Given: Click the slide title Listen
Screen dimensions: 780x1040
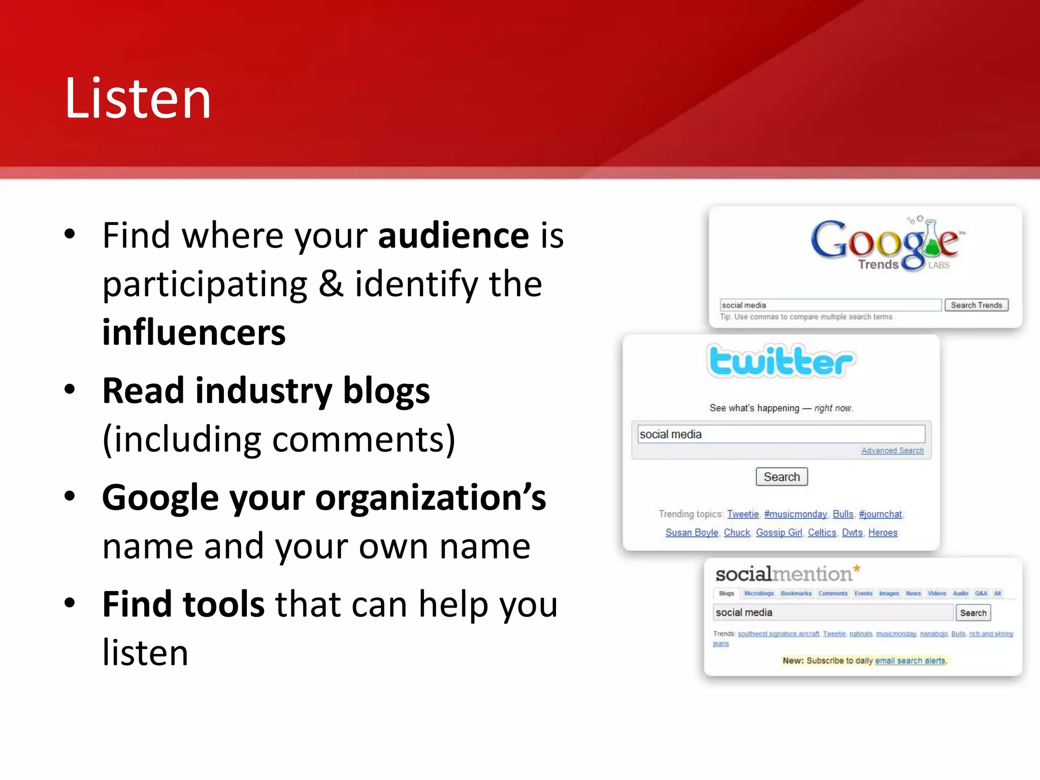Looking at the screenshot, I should point(138,99).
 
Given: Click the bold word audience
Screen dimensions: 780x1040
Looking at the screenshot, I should point(453,236).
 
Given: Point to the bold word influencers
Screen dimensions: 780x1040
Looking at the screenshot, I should point(194,333).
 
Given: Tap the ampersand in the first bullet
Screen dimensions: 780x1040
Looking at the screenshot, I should point(331,284).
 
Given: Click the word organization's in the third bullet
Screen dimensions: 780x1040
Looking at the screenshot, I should point(431,498).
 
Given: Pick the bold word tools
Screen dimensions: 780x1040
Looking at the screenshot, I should point(223,604).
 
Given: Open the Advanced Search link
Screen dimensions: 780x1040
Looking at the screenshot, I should point(892,451).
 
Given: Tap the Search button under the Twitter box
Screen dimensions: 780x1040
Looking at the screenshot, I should point(782,477).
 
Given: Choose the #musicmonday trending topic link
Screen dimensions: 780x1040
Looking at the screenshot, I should point(795,514).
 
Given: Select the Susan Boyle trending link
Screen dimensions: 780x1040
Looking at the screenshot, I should point(692,533).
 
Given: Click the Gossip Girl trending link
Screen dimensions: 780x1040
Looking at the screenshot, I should point(778,533).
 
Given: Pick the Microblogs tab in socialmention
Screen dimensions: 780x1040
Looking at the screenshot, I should point(759,594).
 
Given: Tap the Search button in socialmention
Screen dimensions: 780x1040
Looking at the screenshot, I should point(973,613).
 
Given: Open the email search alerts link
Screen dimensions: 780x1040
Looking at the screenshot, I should point(910,661).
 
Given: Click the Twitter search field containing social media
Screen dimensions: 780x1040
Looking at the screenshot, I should point(781,435).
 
